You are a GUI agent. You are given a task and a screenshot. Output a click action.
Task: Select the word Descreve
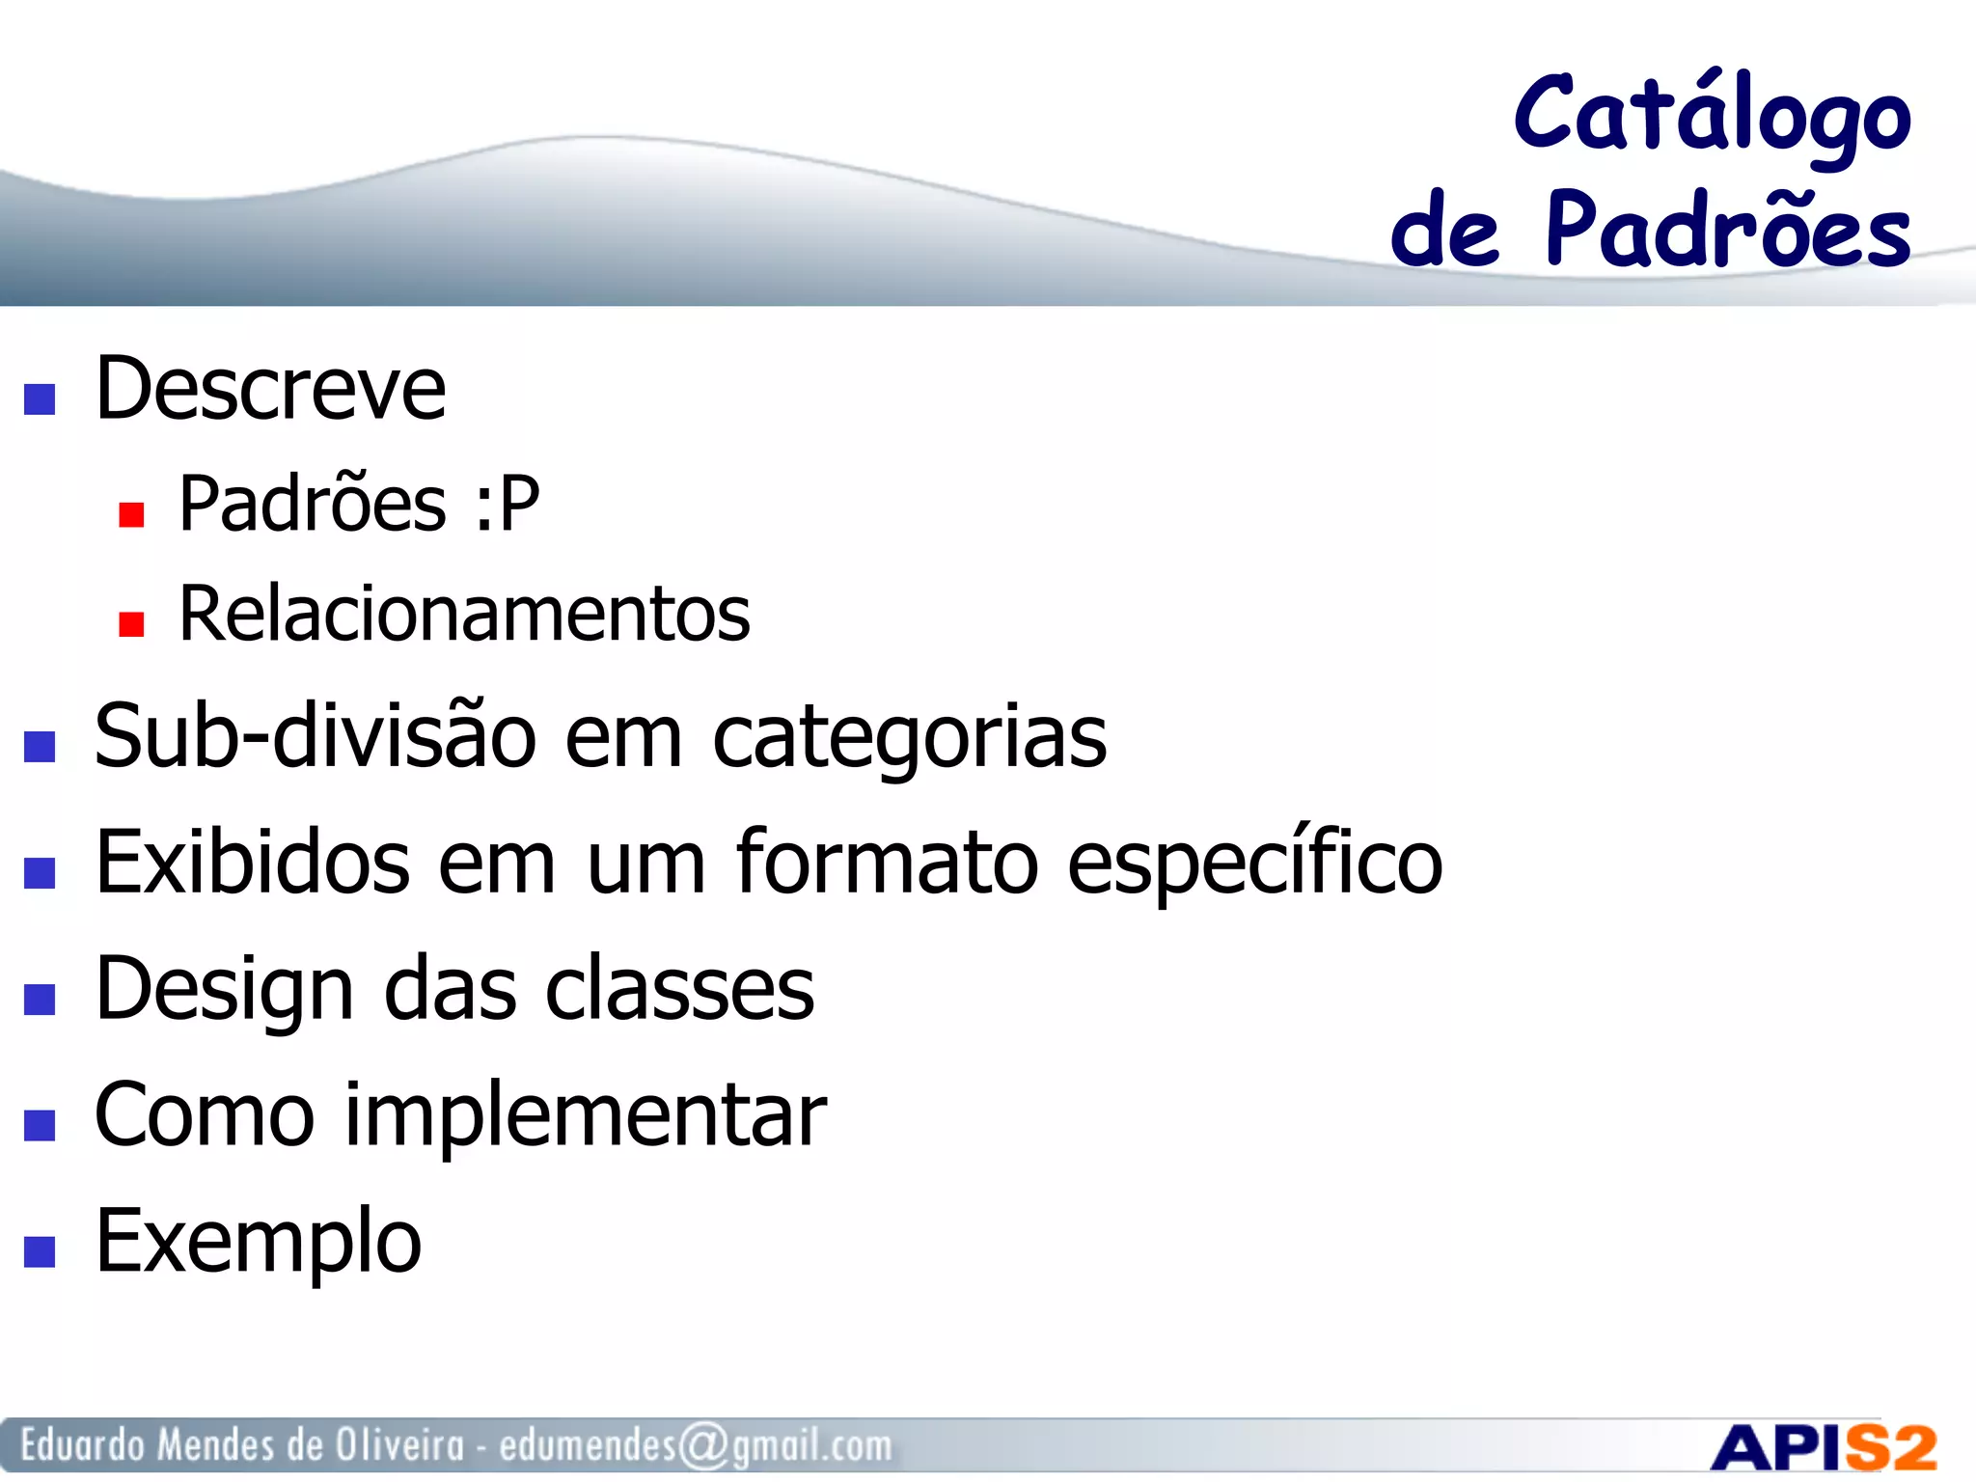pos(270,389)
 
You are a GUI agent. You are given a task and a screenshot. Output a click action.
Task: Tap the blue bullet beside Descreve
pos(40,398)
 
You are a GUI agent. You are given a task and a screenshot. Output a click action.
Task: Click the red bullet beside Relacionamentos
pos(131,624)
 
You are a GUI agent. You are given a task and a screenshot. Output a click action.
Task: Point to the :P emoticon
pos(508,504)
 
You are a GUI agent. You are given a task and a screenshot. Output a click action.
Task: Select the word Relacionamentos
pos(464,615)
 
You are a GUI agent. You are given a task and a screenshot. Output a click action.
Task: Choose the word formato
pos(887,863)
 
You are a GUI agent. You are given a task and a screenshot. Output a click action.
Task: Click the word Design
pos(225,990)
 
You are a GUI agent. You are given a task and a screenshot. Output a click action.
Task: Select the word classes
pos(679,990)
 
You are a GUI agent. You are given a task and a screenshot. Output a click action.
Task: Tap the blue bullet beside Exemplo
pos(40,1251)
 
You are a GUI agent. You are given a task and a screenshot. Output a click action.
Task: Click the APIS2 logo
pos(1823,1447)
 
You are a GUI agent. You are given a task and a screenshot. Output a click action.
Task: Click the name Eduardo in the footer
pos(82,1445)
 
